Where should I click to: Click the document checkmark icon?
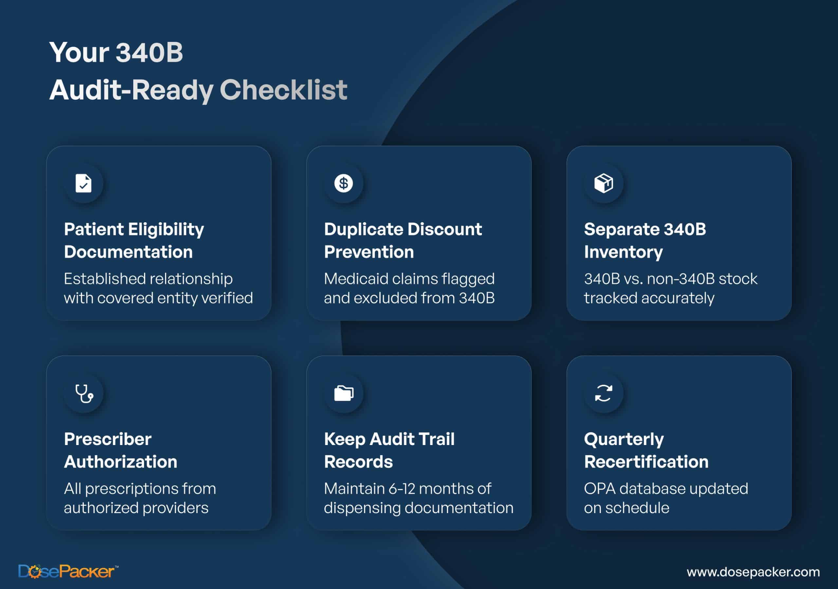coord(83,183)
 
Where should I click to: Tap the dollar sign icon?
coord(343,183)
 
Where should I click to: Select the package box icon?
coord(604,183)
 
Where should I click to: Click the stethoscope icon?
coord(84,393)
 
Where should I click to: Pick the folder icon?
coord(343,393)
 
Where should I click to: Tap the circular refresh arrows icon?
coord(604,393)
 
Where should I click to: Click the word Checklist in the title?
coord(283,90)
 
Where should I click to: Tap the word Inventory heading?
coord(623,252)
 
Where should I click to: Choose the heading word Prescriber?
coord(108,439)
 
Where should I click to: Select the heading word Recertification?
coord(646,462)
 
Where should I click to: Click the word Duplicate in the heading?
coord(363,229)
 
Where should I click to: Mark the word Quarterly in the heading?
coord(624,439)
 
